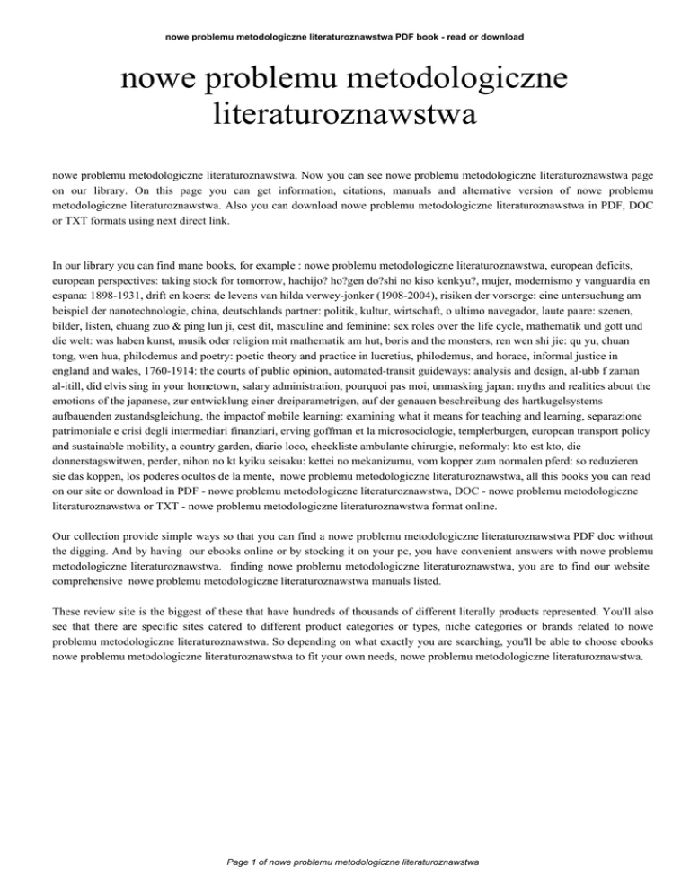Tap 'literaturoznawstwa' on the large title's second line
click(x=344, y=115)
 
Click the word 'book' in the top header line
click(x=428, y=38)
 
